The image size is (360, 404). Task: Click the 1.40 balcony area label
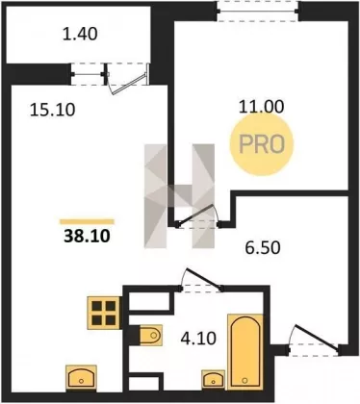pyautogui.click(x=80, y=34)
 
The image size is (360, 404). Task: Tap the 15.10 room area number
pyautogui.click(x=52, y=110)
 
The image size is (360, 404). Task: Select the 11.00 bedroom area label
pyautogui.click(x=262, y=107)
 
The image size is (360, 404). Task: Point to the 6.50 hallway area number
pyautogui.click(x=263, y=248)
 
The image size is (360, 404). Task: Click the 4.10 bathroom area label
pyautogui.click(x=198, y=339)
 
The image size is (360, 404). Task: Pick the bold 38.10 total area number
pyautogui.click(x=87, y=237)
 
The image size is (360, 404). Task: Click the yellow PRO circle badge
pyautogui.click(x=262, y=144)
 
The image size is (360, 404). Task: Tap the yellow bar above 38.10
pyautogui.click(x=87, y=221)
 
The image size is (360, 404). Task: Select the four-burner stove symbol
pyautogui.click(x=104, y=313)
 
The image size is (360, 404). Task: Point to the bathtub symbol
pyautogui.click(x=245, y=352)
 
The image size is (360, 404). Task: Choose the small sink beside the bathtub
pyautogui.click(x=213, y=379)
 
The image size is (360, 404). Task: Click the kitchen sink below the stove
pyautogui.click(x=81, y=378)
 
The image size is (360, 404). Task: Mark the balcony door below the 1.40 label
pyautogui.click(x=128, y=79)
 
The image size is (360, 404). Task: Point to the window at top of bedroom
pyautogui.click(x=258, y=11)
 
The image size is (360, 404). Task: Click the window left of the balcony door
pyautogui.click(x=88, y=74)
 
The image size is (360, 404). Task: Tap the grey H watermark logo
pyautogui.click(x=179, y=196)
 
